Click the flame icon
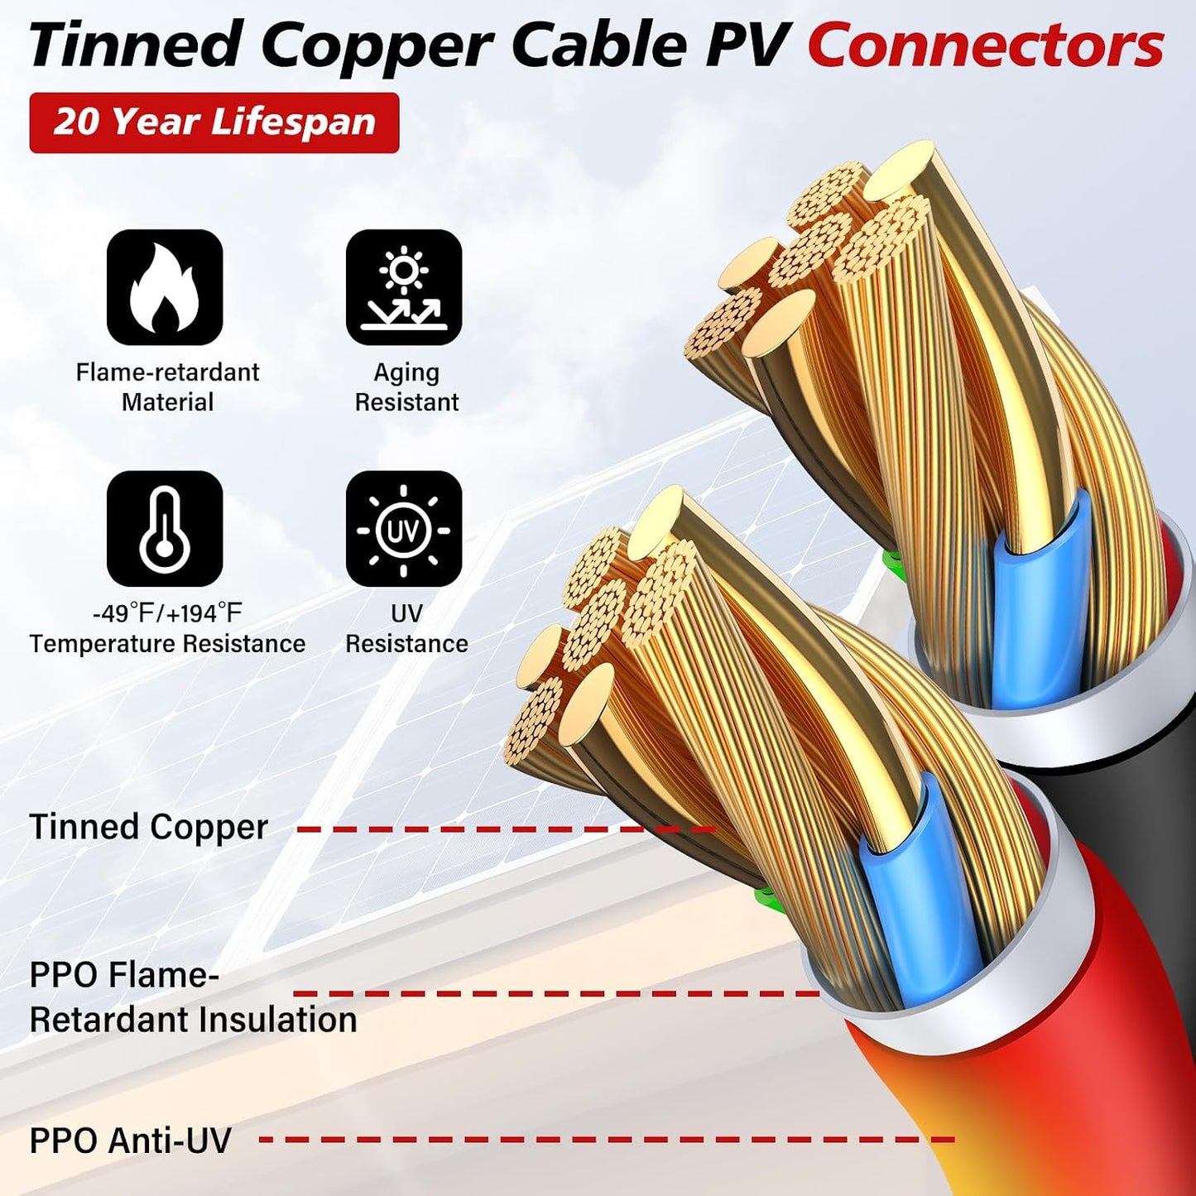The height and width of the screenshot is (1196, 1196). coord(165,287)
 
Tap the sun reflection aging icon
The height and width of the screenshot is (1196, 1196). coord(404,287)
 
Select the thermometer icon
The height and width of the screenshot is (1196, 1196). coord(165,529)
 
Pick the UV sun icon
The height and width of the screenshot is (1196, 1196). coord(404,529)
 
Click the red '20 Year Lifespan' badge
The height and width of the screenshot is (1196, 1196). coord(214,122)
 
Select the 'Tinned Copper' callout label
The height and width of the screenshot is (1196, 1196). coord(148,827)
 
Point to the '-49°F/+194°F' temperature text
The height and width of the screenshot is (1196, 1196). coord(167,614)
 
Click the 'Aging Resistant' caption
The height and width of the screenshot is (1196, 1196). coord(406,387)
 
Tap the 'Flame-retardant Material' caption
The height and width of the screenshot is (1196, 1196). coord(167,387)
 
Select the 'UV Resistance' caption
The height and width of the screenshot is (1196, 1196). coord(406,629)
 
